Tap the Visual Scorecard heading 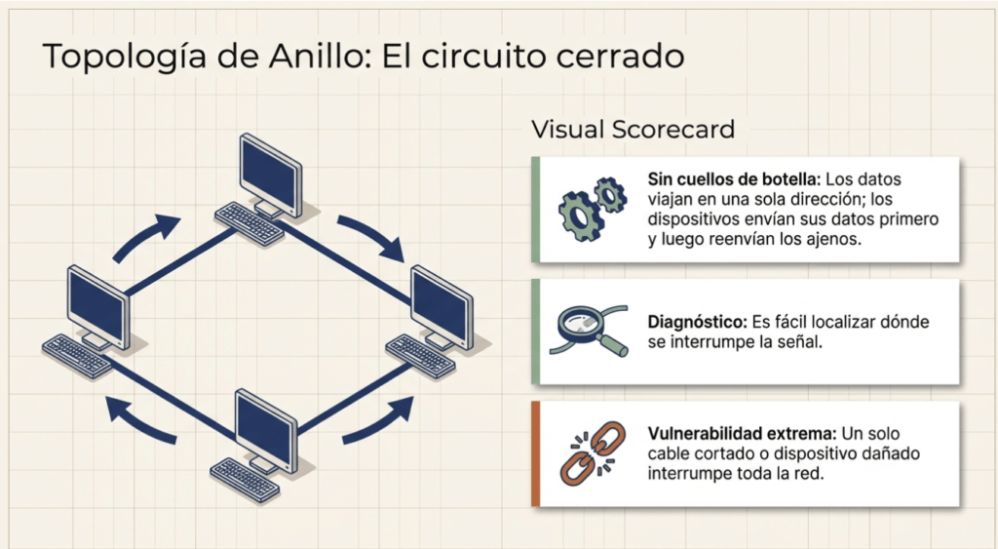633,129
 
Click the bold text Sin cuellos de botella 734,179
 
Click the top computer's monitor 270,172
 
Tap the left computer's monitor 97,302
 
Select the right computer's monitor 441,303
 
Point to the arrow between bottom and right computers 375,420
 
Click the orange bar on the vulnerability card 536,453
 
